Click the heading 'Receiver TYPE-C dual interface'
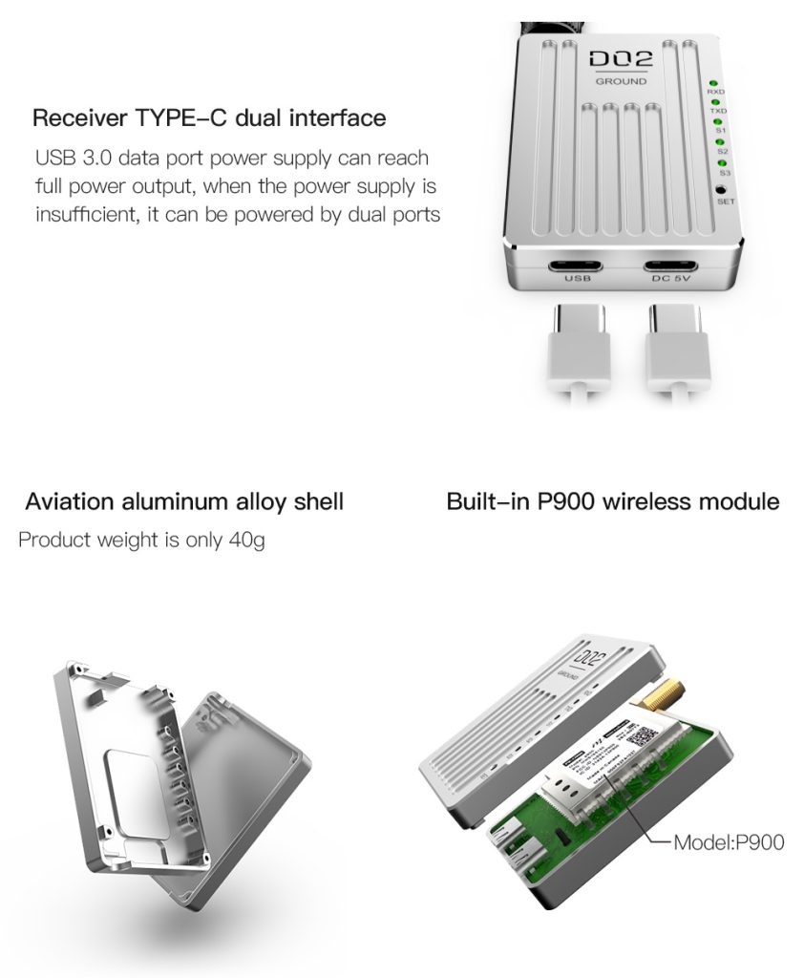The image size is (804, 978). click(209, 118)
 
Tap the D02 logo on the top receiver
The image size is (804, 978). click(621, 58)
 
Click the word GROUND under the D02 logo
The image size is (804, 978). click(621, 82)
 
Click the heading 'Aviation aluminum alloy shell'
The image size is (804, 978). click(184, 501)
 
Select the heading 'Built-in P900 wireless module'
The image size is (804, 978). click(612, 501)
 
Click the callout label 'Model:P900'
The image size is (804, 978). click(729, 842)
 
